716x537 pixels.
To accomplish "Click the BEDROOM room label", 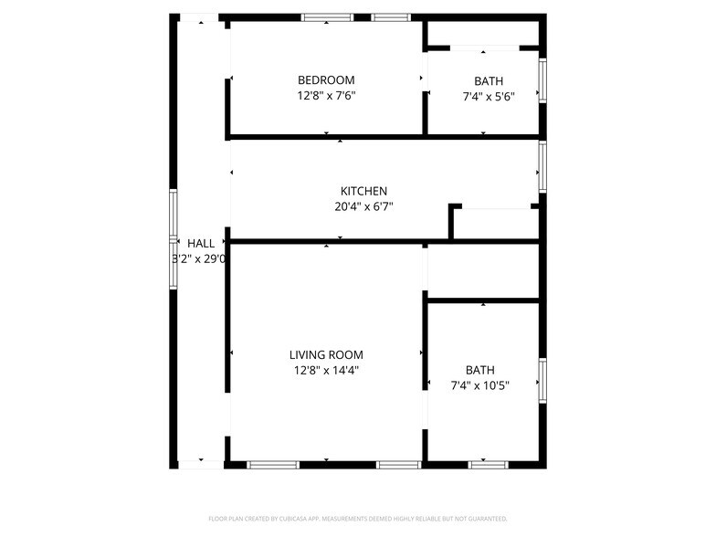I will click(326, 79).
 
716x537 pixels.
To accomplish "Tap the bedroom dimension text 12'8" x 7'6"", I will click(326, 95).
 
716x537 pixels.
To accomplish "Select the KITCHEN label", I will click(363, 191).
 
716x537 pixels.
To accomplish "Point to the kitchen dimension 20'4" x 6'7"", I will click(363, 206).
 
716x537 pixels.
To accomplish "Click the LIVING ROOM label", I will click(326, 354).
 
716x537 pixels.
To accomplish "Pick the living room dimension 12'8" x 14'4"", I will click(326, 370).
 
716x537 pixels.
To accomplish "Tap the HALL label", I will click(201, 244).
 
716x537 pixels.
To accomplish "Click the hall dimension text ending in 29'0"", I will click(200, 258).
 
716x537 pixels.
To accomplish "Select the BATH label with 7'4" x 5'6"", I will click(489, 81).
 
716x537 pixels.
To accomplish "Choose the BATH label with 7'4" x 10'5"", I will click(480, 370).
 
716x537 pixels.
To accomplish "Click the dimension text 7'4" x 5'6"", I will click(489, 97).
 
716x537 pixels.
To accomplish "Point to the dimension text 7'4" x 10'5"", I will click(480, 385).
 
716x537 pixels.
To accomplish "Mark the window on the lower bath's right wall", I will click(542, 380).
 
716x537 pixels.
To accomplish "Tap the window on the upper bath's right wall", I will click(542, 80).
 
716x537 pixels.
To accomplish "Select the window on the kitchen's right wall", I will click(542, 167).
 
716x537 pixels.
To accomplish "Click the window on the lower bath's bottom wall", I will click(489, 465).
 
